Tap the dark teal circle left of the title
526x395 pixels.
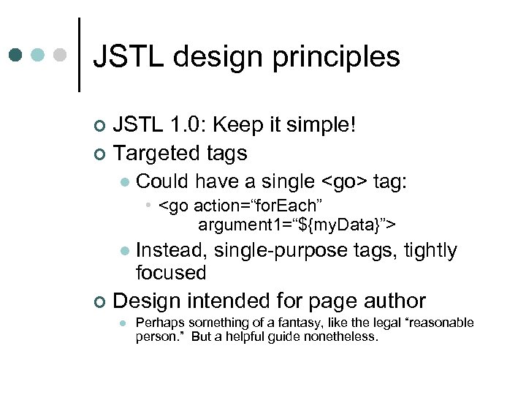coord(16,55)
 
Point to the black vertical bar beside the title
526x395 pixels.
coord(78,55)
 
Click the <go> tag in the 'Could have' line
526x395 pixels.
coord(345,181)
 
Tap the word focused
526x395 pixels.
coord(171,273)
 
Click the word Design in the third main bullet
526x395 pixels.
coord(149,301)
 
